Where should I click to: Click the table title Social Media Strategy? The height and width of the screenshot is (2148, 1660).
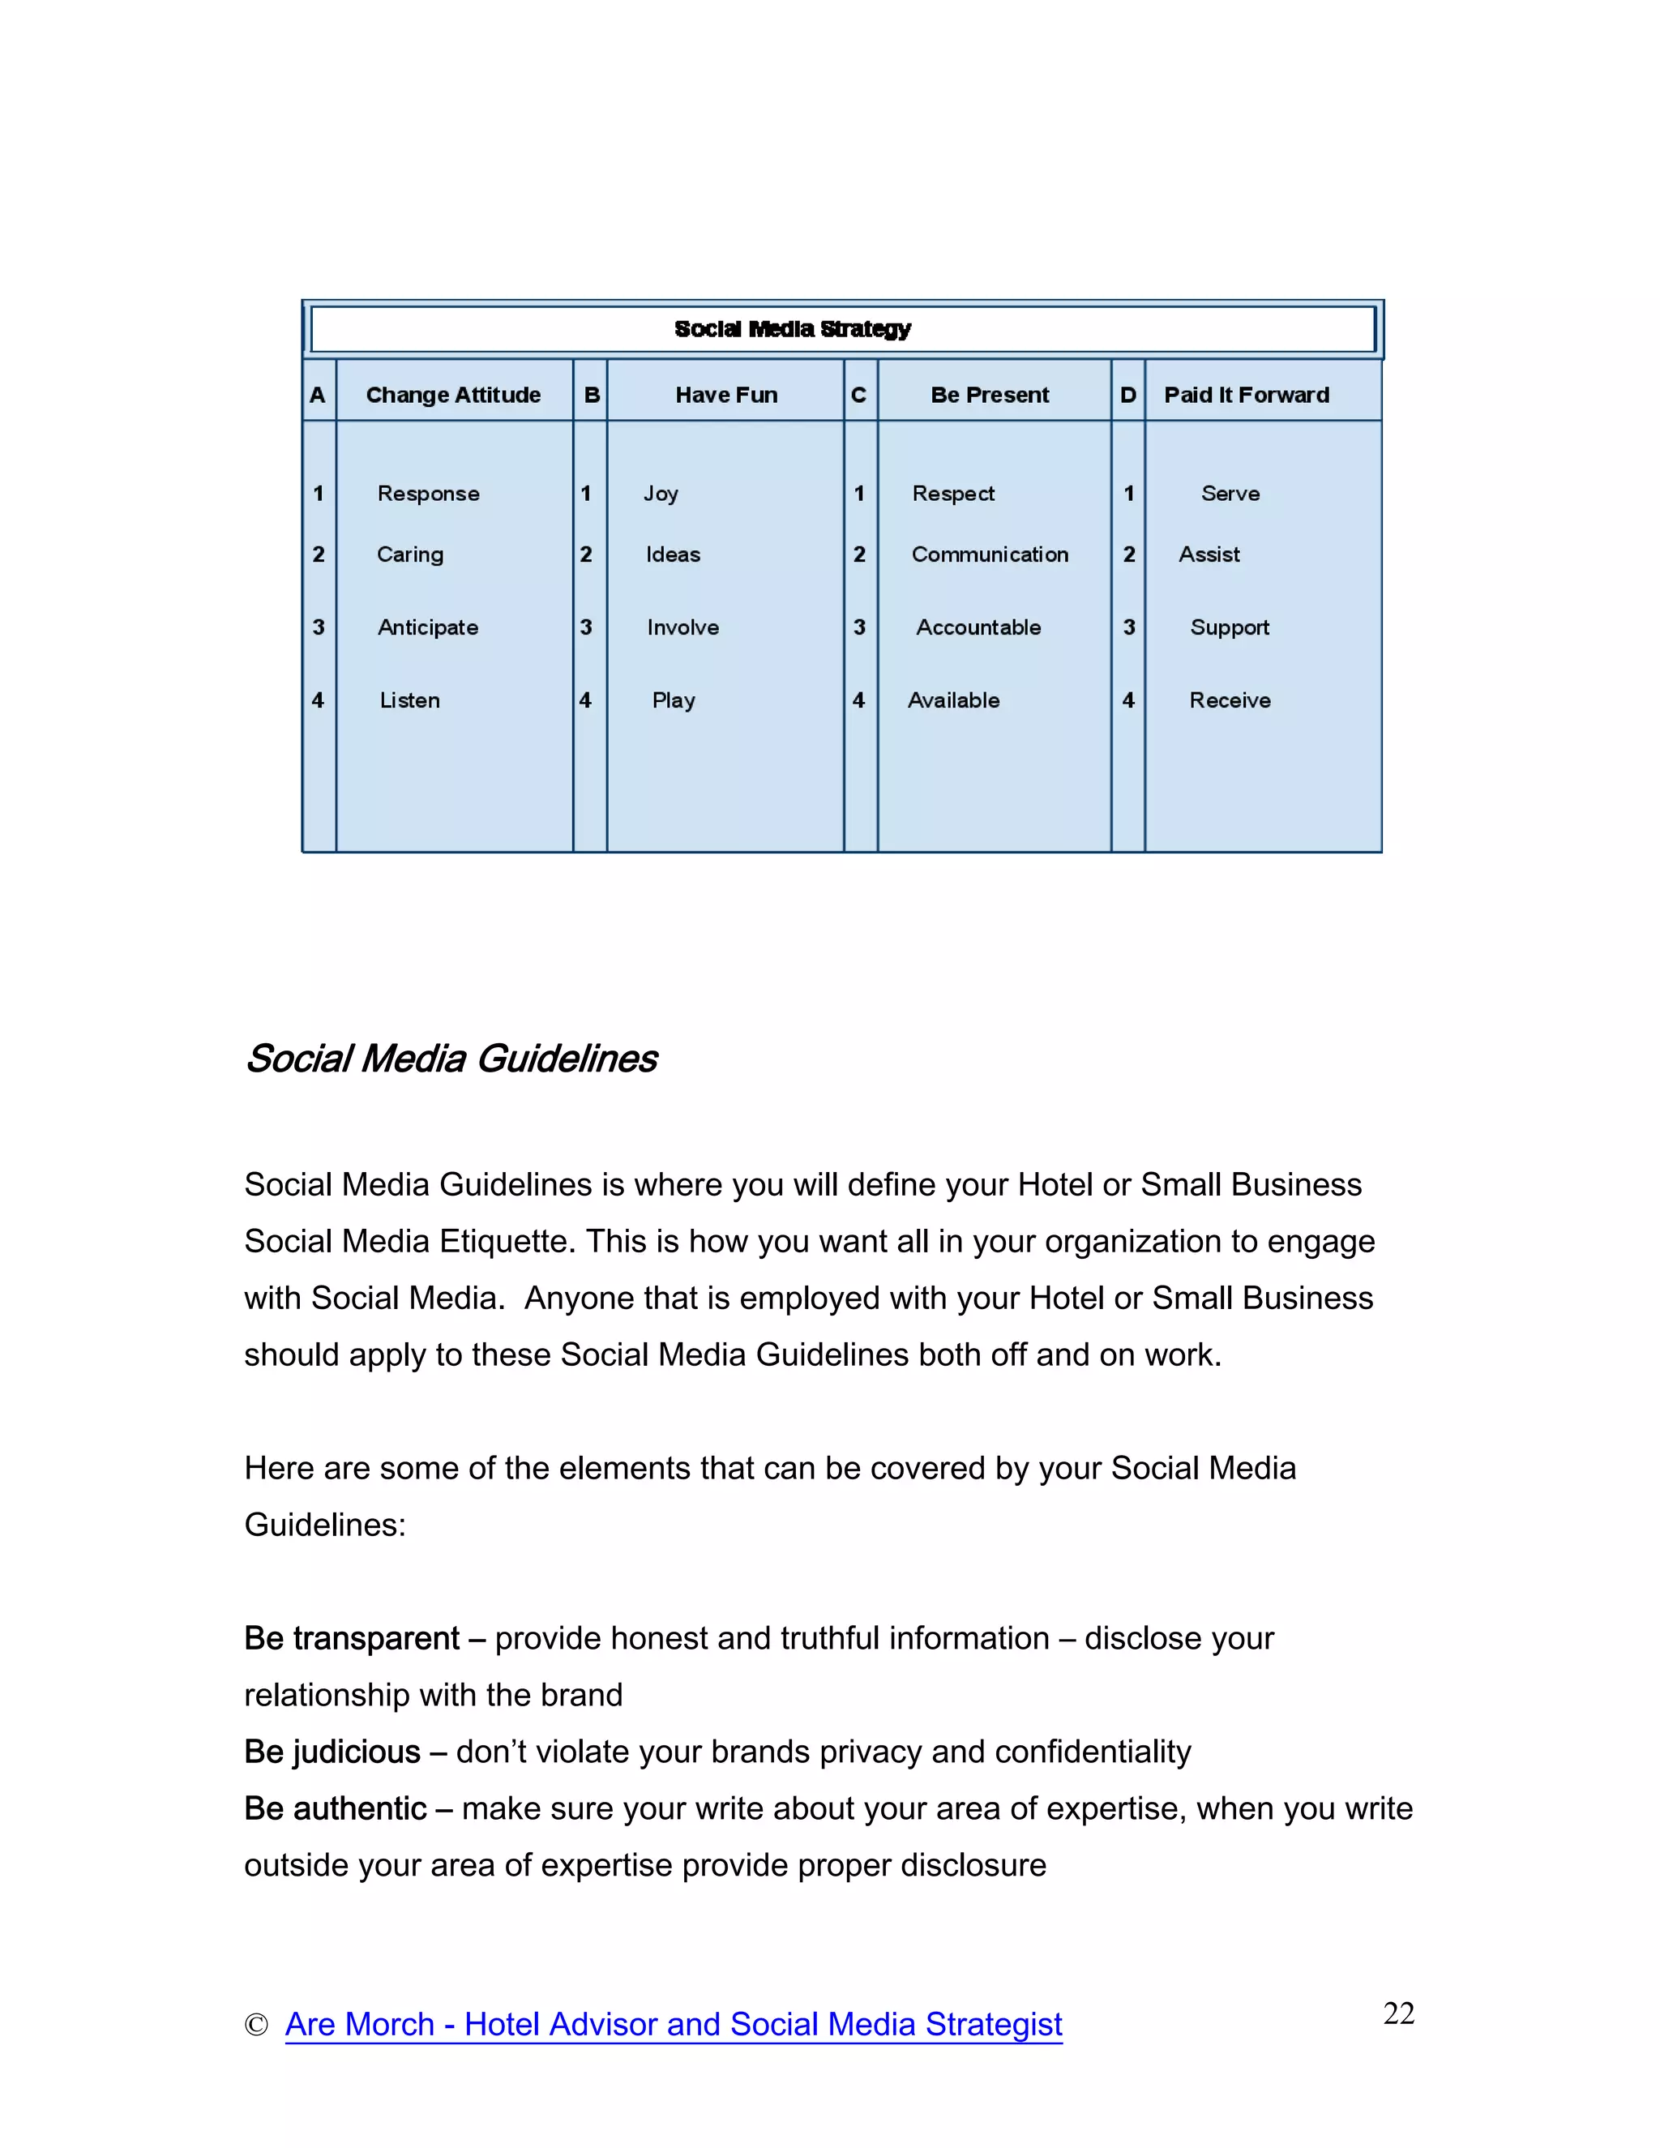[793, 328]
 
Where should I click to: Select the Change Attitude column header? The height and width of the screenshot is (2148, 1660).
[453, 395]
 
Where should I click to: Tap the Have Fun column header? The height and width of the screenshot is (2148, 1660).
[725, 395]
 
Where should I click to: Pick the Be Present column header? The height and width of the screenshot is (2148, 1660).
[990, 395]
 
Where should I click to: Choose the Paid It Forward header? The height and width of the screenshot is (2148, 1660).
[1246, 395]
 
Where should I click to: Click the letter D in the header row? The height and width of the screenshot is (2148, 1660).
[1128, 395]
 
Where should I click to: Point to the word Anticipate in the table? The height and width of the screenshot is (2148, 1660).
[428, 627]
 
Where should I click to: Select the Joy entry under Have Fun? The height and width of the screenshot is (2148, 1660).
[661, 494]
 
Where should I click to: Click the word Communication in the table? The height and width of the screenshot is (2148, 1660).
[990, 554]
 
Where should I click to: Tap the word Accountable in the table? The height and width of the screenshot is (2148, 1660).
[978, 627]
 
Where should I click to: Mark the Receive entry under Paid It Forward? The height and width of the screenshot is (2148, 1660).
[1230, 700]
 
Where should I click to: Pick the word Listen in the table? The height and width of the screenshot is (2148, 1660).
[409, 700]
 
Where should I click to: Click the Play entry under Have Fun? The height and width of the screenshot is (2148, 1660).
[674, 700]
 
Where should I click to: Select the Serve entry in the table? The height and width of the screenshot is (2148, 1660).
[1230, 494]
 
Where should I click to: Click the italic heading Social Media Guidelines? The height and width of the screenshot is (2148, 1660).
[451, 1059]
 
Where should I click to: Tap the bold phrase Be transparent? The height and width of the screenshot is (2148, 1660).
[351, 1638]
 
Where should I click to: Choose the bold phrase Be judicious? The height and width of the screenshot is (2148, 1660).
[332, 1752]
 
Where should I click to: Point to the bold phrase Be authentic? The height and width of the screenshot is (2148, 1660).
[335, 1808]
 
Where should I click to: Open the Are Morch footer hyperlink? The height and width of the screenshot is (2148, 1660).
[674, 2024]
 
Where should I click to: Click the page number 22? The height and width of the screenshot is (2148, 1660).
[1398, 2013]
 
